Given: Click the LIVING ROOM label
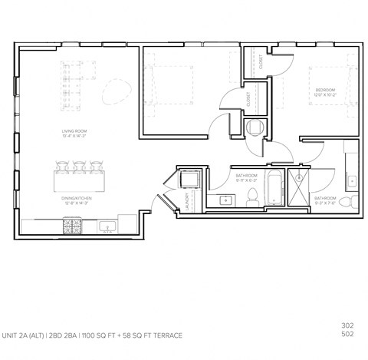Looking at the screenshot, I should click(74, 131).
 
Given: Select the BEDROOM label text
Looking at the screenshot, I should click(325, 91).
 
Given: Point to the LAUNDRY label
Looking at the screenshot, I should click(187, 201).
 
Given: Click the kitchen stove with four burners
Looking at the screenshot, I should click(67, 225).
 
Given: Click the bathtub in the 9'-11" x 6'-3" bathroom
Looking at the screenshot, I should click(274, 189).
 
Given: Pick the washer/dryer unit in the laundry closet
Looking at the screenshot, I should click(188, 179).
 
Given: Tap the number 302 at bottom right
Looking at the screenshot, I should click(347, 324).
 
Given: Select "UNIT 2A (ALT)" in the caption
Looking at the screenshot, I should click(25, 335).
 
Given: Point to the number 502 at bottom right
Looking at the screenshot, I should click(347, 334).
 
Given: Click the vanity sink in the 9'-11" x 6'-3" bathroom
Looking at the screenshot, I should click(226, 200).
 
